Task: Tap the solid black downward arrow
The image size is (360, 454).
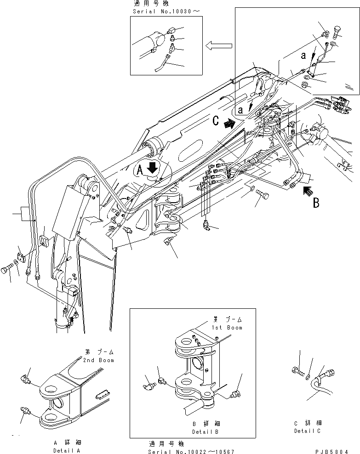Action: coord(153,169)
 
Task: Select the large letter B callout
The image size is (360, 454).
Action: coord(316,203)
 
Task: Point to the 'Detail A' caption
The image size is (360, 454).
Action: coord(67,451)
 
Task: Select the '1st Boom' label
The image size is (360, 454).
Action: coord(227,327)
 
